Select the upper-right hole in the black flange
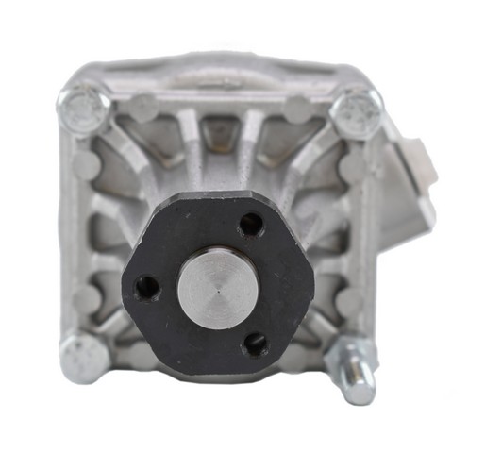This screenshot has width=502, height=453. pyautogui.click(x=250, y=225)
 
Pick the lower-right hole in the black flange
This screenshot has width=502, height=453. pyautogui.click(x=255, y=343)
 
